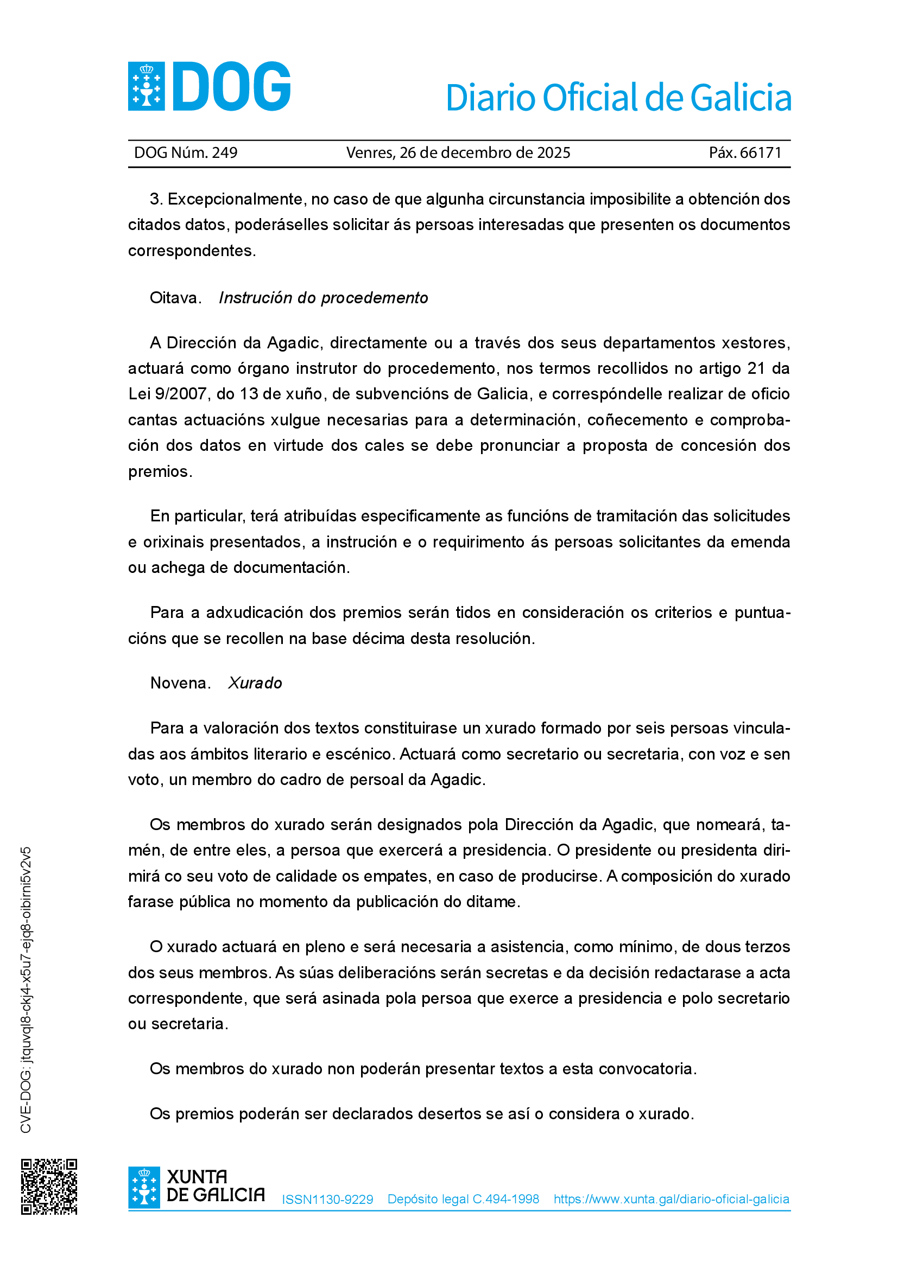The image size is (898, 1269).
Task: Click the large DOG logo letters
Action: tap(232, 86)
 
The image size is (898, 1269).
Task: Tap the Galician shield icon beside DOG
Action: tap(147, 86)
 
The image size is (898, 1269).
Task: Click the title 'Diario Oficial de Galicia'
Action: tap(618, 98)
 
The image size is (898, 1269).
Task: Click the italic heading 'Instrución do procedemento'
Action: tap(323, 298)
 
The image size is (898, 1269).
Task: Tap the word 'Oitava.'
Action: tap(175, 298)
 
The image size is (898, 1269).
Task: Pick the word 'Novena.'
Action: tap(180, 683)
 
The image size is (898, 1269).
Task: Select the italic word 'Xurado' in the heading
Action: tap(255, 683)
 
